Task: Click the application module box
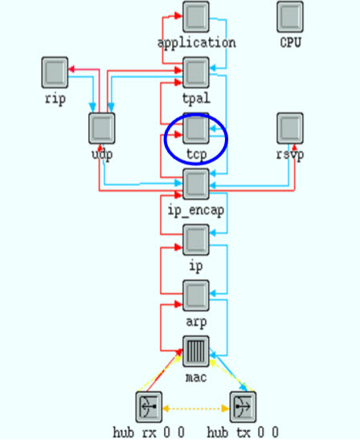pyautogui.click(x=196, y=17)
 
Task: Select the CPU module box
pyautogui.click(x=290, y=17)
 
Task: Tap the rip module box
pyautogui.click(x=55, y=72)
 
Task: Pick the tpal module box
pyautogui.click(x=196, y=72)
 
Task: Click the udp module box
pyautogui.click(x=102, y=128)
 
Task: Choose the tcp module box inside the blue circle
pyautogui.click(x=196, y=128)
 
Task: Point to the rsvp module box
pyautogui.click(x=290, y=128)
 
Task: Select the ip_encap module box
pyautogui.click(x=196, y=184)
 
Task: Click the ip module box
pyautogui.click(x=196, y=240)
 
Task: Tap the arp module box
pyautogui.click(x=196, y=295)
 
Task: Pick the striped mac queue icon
pyautogui.click(x=196, y=352)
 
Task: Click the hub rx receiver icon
pyautogui.click(x=149, y=407)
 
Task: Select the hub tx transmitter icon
pyautogui.click(x=243, y=407)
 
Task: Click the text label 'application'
pyautogui.click(x=197, y=43)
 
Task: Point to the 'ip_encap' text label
pyautogui.click(x=196, y=210)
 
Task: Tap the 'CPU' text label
pyautogui.click(x=290, y=43)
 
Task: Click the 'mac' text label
pyautogui.click(x=196, y=377)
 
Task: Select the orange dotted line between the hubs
pyautogui.click(x=196, y=409)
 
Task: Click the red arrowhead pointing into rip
pyautogui.click(x=72, y=69)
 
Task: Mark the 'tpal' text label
pyautogui.click(x=196, y=99)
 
